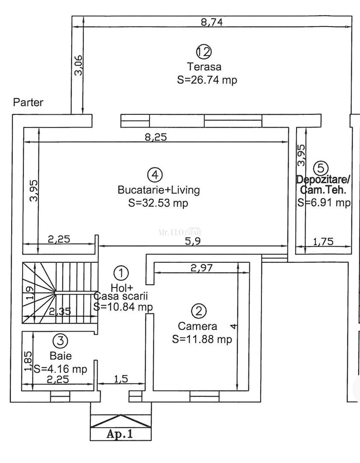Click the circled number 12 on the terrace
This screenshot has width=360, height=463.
coord(204,52)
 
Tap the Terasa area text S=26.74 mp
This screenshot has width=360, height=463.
coord(207,80)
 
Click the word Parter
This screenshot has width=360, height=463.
coord(28,102)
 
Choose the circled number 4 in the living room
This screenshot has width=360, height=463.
coord(155,174)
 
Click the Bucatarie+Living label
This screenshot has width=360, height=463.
coord(159,189)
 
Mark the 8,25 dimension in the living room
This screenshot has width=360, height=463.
coord(155,137)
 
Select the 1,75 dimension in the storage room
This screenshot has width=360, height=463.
coord(324,242)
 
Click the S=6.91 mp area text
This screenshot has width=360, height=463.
coord(324,203)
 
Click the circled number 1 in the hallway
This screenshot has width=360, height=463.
coord(121,272)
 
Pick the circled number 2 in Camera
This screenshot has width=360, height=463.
coord(198,311)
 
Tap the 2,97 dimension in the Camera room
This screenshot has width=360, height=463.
coord(201,268)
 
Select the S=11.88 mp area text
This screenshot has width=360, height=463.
coord(202,340)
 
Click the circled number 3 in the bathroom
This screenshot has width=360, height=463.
coord(60,341)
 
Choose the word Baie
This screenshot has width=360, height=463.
coord(60,355)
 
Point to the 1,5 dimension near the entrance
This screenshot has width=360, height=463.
coord(121,379)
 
